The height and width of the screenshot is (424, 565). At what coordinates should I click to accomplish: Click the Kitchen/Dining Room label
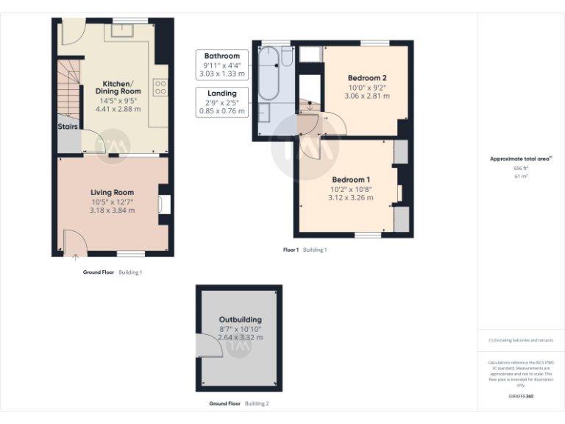pyautogui.click(x=118, y=87)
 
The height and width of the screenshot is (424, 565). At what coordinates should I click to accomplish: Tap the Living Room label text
pyautogui.click(x=112, y=192)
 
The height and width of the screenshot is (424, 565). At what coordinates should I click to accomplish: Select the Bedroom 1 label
pyautogui.click(x=350, y=180)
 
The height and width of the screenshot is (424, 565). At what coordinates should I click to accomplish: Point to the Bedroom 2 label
pyautogui.click(x=366, y=78)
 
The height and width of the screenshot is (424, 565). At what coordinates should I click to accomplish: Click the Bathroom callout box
pyautogui.click(x=221, y=64)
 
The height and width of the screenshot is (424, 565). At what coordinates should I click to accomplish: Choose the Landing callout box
pyautogui.click(x=221, y=102)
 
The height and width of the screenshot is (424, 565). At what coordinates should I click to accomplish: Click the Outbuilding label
pyautogui.click(x=240, y=319)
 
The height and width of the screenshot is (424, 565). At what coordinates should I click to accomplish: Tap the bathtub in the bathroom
pyautogui.click(x=270, y=74)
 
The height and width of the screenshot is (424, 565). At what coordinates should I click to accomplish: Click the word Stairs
pyautogui.click(x=68, y=127)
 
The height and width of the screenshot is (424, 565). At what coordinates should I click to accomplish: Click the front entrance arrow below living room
pyautogui.click(x=76, y=258)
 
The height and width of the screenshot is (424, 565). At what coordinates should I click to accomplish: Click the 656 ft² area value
pyautogui.click(x=522, y=169)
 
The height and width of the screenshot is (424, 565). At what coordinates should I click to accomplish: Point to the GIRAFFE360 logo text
pyautogui.click(x=522, y=396)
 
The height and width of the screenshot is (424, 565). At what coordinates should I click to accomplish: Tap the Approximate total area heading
pyautogui.click(x=520, y=158)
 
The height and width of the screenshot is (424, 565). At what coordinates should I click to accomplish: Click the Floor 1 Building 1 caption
pyautogui.click(x=305, y=250)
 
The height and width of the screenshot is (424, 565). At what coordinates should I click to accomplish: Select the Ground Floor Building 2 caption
pyautogui.click(x=239, y=403)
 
